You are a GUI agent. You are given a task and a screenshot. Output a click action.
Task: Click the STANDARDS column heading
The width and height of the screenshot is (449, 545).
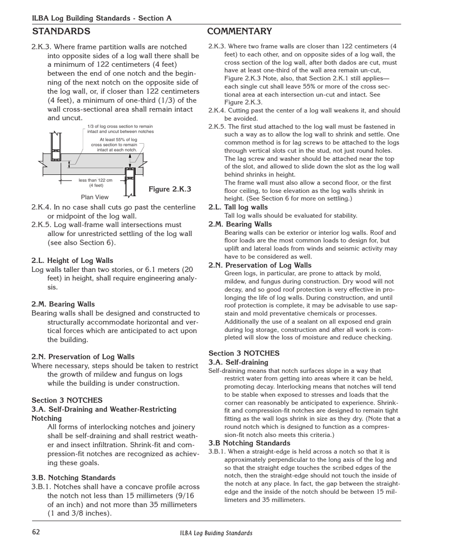(61, 32)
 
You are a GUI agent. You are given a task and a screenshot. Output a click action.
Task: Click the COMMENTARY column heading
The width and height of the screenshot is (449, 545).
(239, 32)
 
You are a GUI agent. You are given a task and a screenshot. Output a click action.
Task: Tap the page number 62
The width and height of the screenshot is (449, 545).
(36, 532)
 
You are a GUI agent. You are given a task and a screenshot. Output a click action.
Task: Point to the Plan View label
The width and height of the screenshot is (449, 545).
(95, 197)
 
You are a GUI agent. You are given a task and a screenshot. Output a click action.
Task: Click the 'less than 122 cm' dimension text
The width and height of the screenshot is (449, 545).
(95, 180)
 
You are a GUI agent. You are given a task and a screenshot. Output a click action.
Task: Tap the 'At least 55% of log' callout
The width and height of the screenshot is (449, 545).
(118, 140)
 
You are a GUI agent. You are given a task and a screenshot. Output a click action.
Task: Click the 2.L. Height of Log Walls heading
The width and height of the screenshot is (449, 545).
(72, 260)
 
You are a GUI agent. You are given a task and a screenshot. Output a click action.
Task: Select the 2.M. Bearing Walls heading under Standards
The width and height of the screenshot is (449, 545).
(63, 304)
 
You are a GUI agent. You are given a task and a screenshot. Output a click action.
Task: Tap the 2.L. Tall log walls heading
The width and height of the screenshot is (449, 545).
(238, 207)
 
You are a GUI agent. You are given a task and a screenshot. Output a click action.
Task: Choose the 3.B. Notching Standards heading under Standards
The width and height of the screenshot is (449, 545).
(73, 477)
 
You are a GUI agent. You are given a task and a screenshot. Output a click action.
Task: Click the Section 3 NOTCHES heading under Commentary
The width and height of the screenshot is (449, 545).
(244, 353)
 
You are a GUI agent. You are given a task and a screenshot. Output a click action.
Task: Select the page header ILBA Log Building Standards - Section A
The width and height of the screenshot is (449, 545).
(102, 18)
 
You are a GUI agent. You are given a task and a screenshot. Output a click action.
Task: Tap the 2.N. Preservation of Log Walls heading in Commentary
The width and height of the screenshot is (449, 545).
(260, 265)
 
